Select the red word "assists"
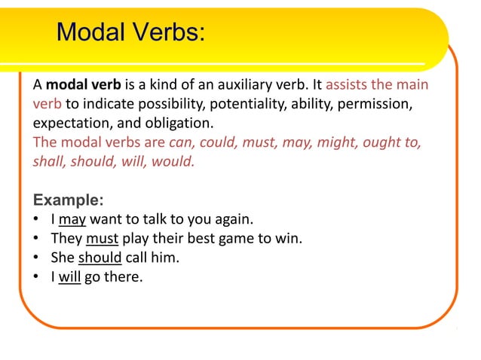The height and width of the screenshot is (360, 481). [348, 83]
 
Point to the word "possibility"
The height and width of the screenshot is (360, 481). [168, 102]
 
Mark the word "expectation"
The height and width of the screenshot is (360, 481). [66, 122]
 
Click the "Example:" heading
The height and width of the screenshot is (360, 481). [69, 201]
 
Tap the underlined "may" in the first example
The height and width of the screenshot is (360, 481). [72, 221]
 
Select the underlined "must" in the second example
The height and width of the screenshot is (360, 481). [102, 239]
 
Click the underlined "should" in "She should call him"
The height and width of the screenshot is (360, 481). [100, 258]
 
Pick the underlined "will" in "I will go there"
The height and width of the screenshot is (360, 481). [69, 277]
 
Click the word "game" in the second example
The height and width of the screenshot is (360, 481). [234, 239]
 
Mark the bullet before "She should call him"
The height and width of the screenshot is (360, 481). [37, 258]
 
